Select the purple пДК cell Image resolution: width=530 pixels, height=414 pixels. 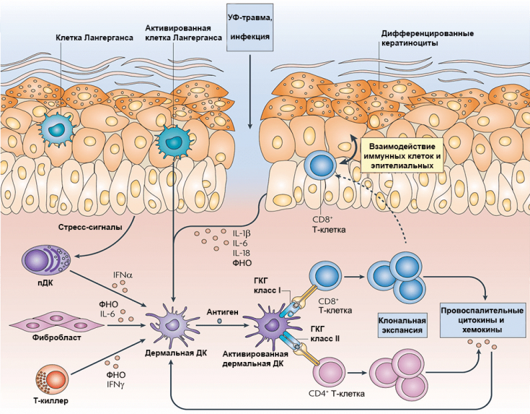[46, 261]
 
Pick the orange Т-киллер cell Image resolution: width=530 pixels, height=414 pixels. [52, 379]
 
